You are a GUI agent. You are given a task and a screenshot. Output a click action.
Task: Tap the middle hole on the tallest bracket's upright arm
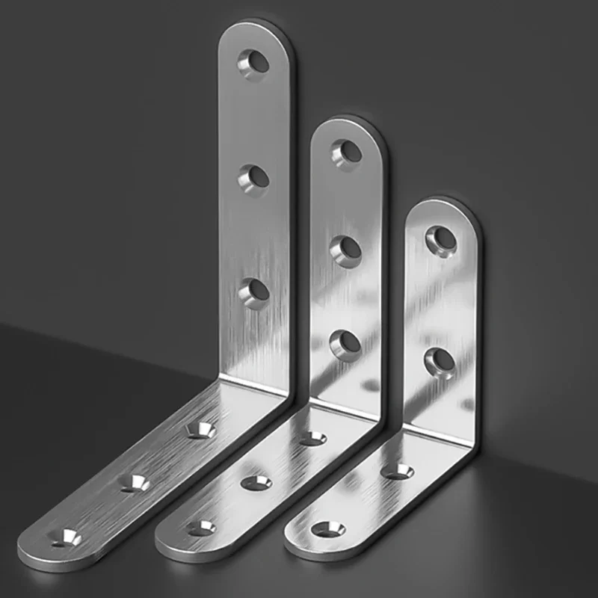(x=254, y=177)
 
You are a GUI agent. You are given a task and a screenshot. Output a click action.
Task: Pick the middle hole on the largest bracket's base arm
(x=135, y=482)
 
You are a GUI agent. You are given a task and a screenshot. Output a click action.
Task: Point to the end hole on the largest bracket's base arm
(x=67, y=536)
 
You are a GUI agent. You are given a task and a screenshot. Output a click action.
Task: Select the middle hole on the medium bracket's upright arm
(x=345, y=249)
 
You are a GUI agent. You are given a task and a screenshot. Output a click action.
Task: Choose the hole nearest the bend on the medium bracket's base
(x=312, y=438)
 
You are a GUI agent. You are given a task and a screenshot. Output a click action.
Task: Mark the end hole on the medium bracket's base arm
(x=200, y=528)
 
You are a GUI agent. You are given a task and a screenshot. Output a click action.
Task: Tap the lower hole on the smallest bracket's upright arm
(x=440, y=361)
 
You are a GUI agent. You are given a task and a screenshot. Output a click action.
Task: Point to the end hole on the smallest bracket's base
(x=328, y=529)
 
